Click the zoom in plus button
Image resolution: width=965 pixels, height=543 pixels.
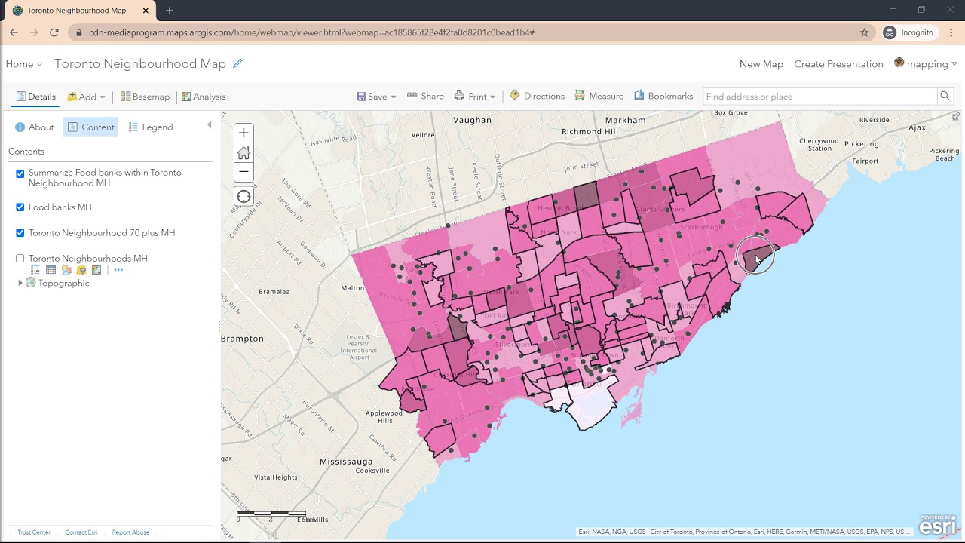[244, 133]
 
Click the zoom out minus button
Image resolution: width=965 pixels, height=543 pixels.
[244, 172]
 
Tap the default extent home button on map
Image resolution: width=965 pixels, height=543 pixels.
[244, 152]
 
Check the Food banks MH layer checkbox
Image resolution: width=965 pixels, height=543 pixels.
[20, 207]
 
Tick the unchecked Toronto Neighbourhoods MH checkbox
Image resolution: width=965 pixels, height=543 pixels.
[20, 259]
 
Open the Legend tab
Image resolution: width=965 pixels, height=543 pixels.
[151, 127]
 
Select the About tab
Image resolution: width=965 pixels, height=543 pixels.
[35, 127]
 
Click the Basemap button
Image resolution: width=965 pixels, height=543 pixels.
[145, 97]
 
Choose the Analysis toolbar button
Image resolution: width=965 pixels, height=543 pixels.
[204, 97]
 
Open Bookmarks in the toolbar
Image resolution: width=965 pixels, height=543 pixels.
[663, 97]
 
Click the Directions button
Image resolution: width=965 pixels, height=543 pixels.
[537, 97]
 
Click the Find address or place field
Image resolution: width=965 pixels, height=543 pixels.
[819, 97]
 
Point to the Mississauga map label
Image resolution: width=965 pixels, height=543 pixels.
[346, 462]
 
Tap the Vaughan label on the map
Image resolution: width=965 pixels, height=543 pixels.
[473, 120]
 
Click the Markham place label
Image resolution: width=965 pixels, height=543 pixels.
[625, 120]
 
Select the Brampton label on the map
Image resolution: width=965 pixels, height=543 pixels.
[243, 339]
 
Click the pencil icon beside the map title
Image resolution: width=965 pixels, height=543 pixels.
[237, 64]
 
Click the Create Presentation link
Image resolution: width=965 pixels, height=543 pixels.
[838, 64]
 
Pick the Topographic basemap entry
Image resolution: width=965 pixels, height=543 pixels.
[63, 284]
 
